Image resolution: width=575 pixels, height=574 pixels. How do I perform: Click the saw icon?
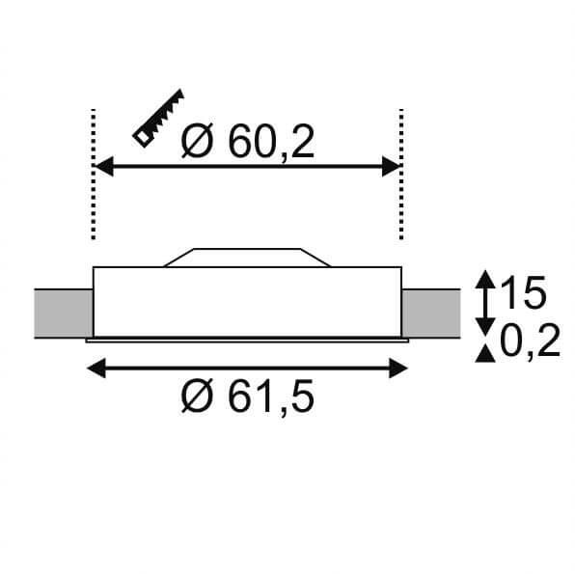(158, 118)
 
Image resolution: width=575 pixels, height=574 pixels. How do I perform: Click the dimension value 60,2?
(271, 142)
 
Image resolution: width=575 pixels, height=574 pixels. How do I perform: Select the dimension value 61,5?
(271, 396)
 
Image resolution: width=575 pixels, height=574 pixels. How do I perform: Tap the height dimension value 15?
(523, 292)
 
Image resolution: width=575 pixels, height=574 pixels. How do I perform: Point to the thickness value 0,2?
(530, 342)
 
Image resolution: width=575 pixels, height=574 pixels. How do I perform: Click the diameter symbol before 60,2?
(197, 141)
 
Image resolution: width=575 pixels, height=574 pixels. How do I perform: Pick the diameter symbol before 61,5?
(197, 396)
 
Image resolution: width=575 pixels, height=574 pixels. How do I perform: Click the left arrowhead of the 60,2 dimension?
(104, 166)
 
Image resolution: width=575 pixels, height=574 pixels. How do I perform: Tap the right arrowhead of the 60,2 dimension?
(392, 166)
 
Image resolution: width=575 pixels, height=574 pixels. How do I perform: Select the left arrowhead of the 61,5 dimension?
(96, 368)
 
